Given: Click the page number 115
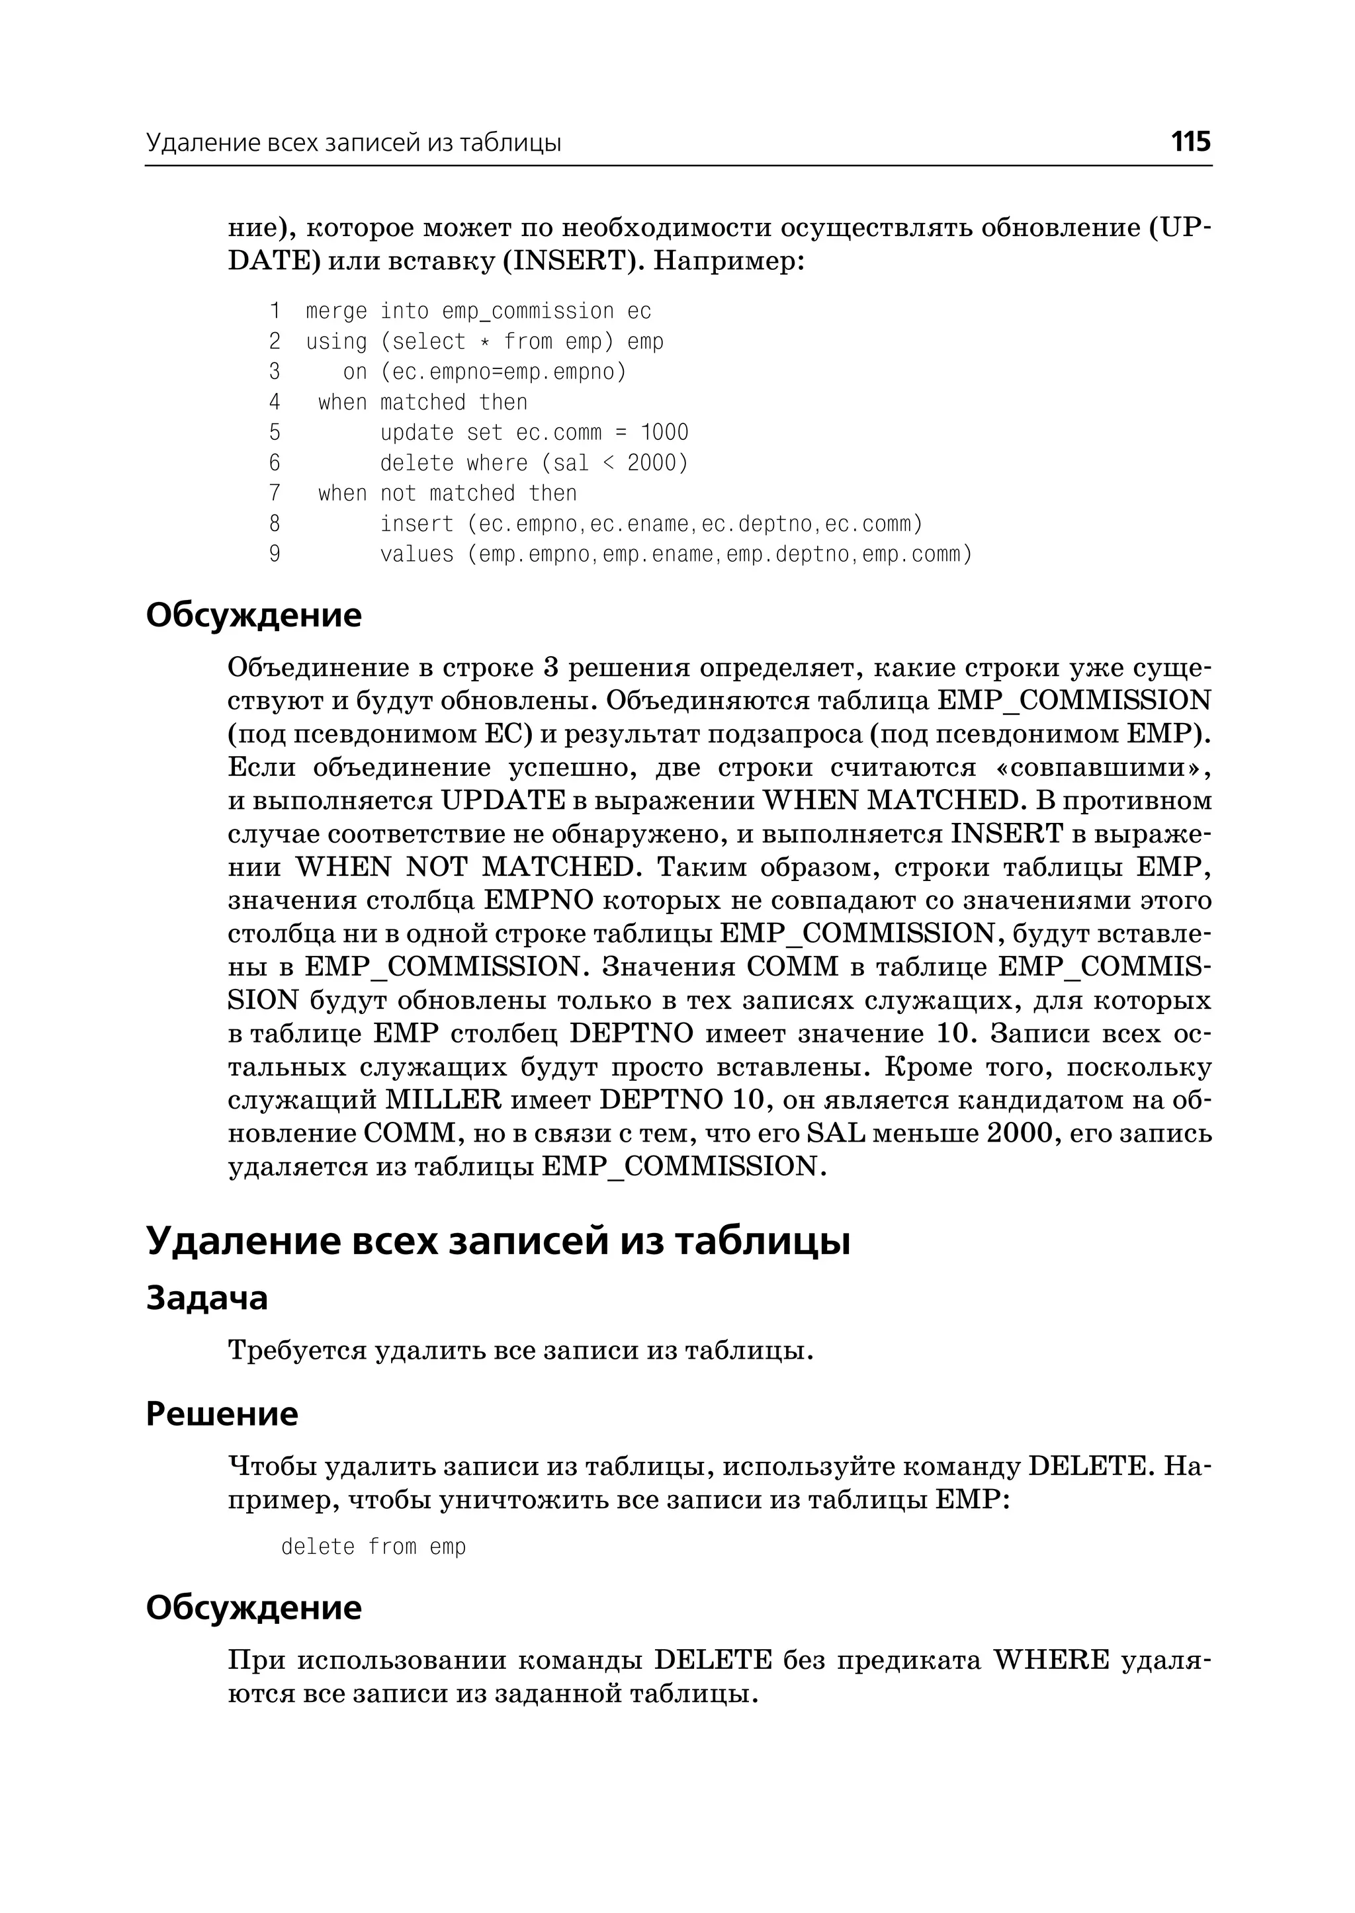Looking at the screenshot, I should [1190, 141].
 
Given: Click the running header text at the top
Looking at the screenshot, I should [353, 143].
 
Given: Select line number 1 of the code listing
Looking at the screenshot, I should [275, 311].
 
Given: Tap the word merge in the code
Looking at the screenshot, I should [336, 311].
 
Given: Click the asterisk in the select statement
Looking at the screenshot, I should [485, 342].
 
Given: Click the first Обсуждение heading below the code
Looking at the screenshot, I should [253, 615].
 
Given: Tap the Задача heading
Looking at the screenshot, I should [207, 1298].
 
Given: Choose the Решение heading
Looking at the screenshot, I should [222, 1414].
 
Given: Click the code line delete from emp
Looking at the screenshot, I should [373, 1547].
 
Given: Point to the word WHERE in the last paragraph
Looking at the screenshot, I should [1051, 1660].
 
